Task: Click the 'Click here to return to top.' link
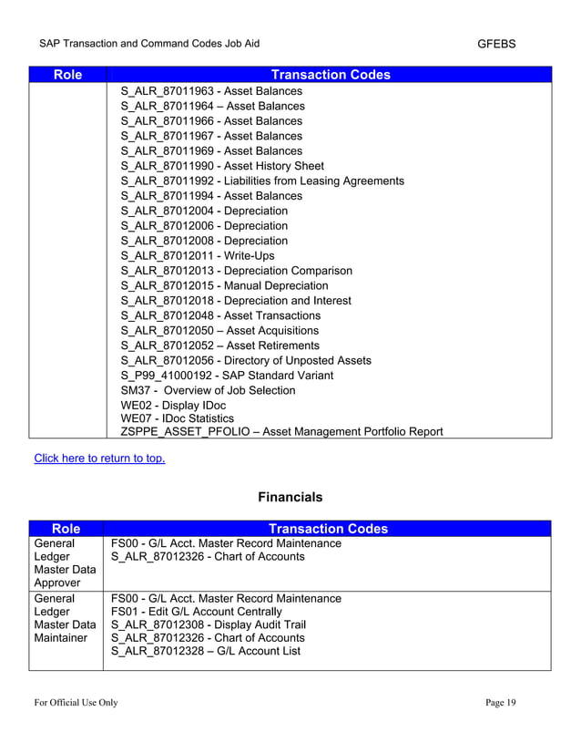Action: (x=99, y=458)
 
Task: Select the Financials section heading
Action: (x=290, y=498)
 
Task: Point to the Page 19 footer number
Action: (x=500, y=702)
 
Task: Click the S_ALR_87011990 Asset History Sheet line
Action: (x=221, y=166)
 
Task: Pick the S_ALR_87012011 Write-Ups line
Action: (x=197, y=255)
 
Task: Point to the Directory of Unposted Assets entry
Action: (x=245, y=360)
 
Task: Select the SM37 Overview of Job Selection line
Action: (x=208, y=390)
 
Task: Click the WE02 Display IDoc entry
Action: (x=173, y=406)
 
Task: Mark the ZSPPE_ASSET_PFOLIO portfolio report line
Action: (x=281, y=431)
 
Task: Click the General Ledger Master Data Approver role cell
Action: (x=66, y=563)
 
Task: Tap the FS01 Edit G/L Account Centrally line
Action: (x=196, y=611)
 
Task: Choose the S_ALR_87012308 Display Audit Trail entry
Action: (x=208, y=624)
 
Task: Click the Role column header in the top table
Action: (x=67, y=75)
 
